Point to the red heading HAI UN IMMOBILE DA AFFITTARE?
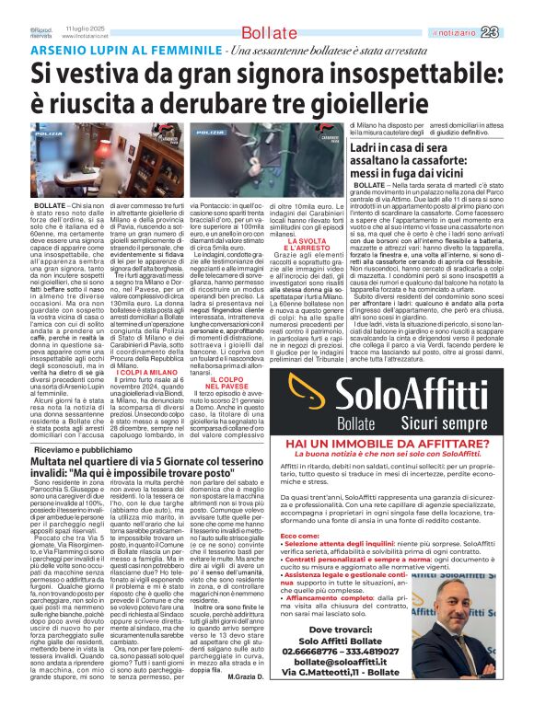coord(388,443)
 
